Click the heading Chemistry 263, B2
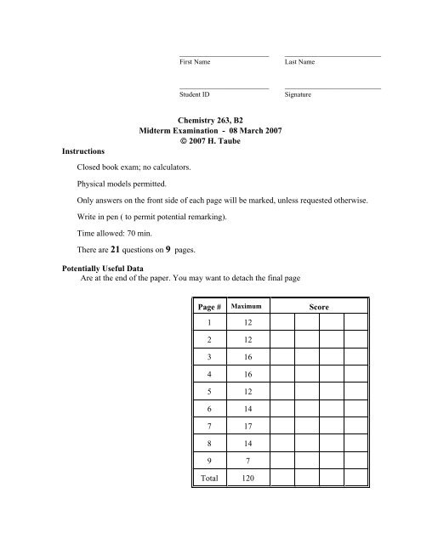210,122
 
